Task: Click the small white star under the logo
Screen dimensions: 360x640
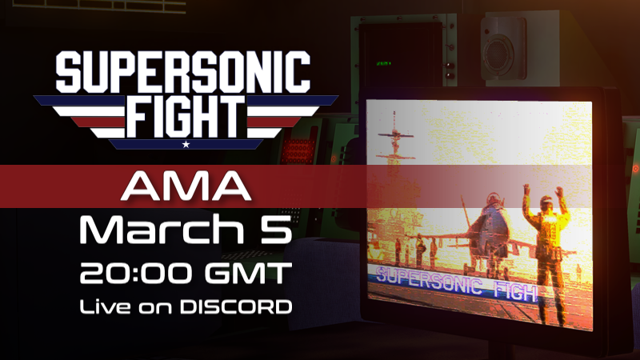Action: [186, 145]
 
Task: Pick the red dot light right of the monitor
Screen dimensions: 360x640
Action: [634, 169]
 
